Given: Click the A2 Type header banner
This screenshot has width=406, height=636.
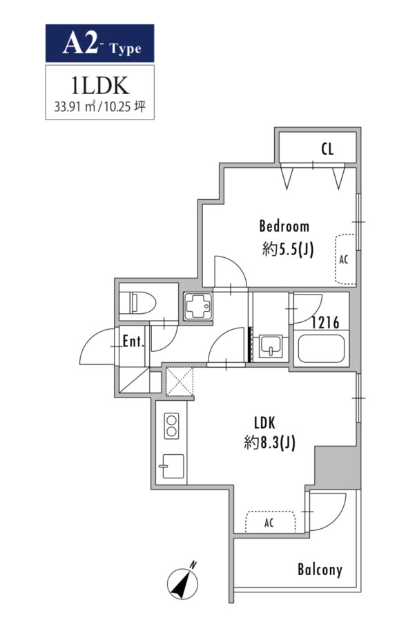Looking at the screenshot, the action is tap(99, 43).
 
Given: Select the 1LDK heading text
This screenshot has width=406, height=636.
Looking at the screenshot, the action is tap(99, 86).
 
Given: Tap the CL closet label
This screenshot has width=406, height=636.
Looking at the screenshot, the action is tap(327, 149).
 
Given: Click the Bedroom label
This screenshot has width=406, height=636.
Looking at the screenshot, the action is tap(284, 226).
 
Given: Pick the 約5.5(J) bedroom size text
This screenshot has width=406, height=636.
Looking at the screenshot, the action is tap(288, 249).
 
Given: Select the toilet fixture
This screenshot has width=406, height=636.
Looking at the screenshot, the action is tap(138, 302).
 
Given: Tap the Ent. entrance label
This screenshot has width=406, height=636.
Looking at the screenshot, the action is tap(133, 342).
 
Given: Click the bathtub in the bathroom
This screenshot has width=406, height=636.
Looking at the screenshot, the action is tap(321, 348).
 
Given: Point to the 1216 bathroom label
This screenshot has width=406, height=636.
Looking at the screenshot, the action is tap(325, 323).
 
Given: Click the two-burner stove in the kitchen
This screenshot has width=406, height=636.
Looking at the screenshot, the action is tap(171, 425).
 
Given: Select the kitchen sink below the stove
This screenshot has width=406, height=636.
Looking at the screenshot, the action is tap(172, 467).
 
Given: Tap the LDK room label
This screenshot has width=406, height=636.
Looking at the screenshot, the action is tap(264, 423).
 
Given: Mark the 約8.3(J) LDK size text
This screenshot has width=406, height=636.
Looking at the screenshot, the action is tap(270, 442).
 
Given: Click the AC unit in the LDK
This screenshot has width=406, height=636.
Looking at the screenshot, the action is tap(270, 522).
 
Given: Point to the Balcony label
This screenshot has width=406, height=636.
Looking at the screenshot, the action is tap(320, 570).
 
